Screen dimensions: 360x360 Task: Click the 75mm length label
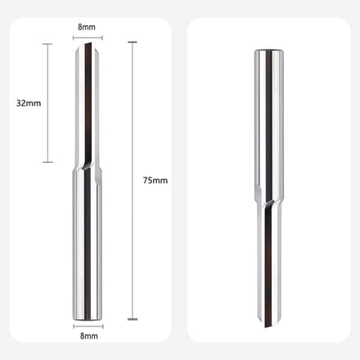pyautogui.click(x=155, y=180)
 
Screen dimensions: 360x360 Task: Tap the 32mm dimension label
pyautogui.click(x=29, y=103)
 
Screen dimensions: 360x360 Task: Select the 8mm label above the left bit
pyautogui.click(x=87, y=27)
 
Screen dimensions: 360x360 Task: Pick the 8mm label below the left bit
pyautogui.click(x=89, y=336)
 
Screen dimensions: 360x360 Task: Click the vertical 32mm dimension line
pyautogui.click(x=48, y=103)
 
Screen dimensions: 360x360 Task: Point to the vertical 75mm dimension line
pyautogui.click(x=133, y=181)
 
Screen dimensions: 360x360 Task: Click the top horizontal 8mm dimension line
pyautogui.click(x=88, y=38)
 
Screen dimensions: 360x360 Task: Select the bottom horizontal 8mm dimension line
pyautogui.click(x=88, y=326)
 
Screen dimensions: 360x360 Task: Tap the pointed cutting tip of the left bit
pyautogui.click(x=88, y=43)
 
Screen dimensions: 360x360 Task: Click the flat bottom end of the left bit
pyautogui.click(x=88, y=318)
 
